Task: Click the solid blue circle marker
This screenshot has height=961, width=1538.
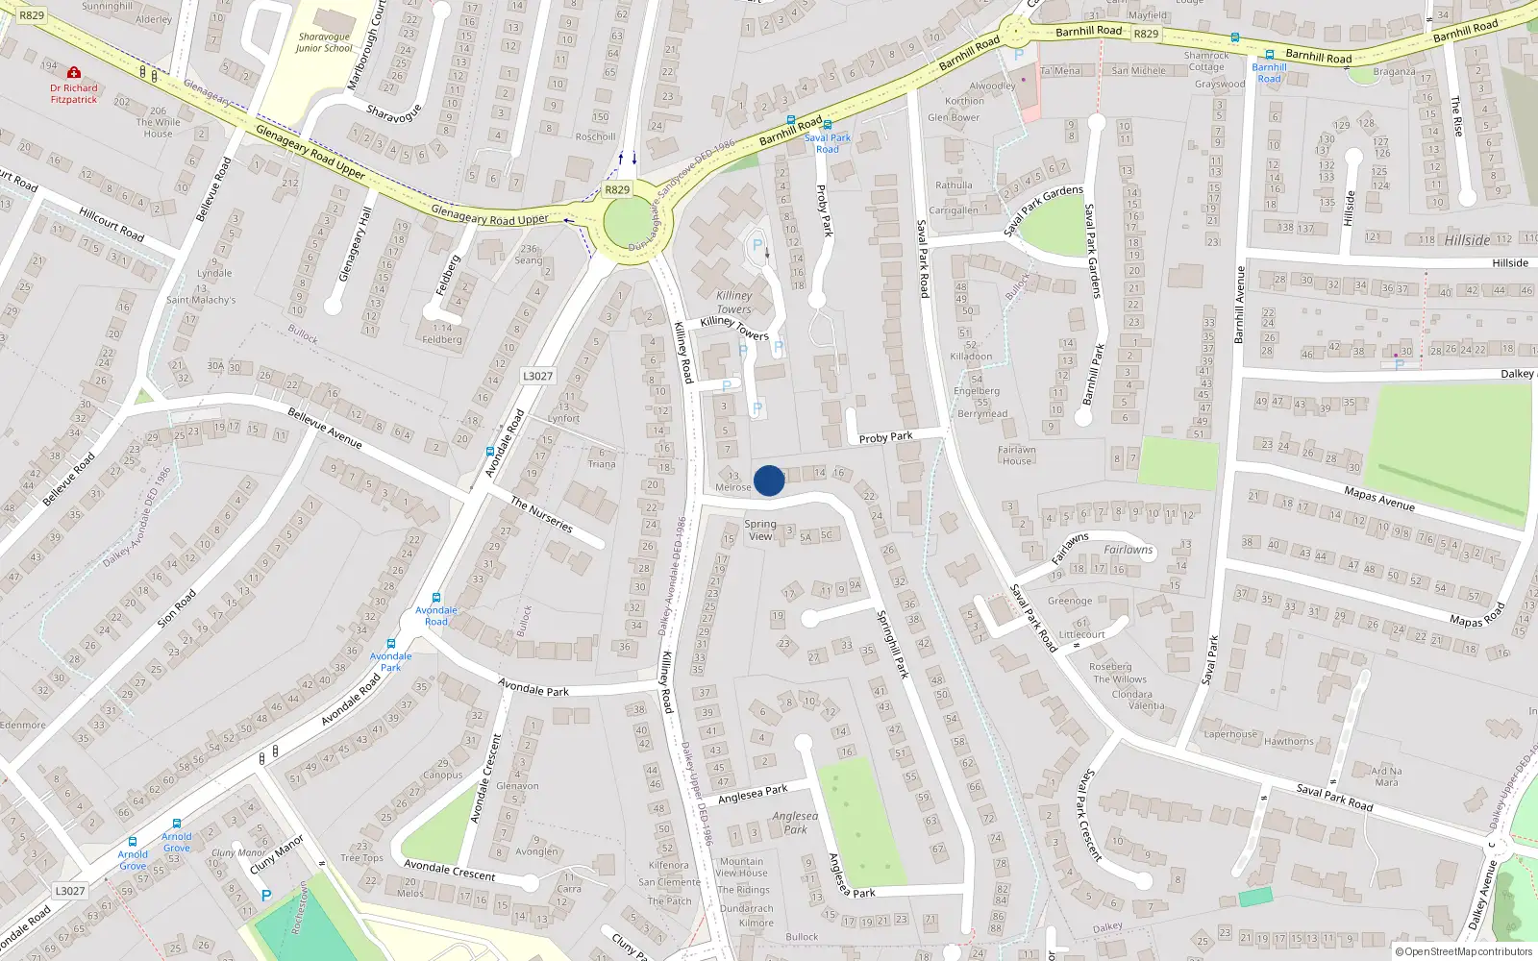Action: coord(769,480)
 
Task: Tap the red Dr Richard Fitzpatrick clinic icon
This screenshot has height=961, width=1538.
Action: coord(74,73)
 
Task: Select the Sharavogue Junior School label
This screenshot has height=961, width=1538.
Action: coord(324,42)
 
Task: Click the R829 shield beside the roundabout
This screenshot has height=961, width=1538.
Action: coord(617,189)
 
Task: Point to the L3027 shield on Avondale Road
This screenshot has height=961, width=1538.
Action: coord(537,376)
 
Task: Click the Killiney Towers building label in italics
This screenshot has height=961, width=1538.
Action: coord(733,302)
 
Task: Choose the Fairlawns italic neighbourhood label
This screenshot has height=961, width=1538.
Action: coord(1129,550)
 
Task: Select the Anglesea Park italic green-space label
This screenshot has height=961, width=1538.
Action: coord(795,823)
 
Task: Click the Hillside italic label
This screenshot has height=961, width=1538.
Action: coord(1467,240)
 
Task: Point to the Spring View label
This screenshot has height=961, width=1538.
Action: coord(760,530)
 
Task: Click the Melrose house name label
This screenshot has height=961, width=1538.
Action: coord(732,487)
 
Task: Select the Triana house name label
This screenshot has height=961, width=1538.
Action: coord(602,464)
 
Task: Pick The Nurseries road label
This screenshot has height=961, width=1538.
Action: coord(542,515)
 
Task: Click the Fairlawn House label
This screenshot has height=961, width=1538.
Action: coord(1016,455)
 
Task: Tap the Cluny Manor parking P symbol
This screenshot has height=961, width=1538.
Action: coord(266,896)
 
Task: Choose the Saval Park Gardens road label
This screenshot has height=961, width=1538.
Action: coord(1092,251)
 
